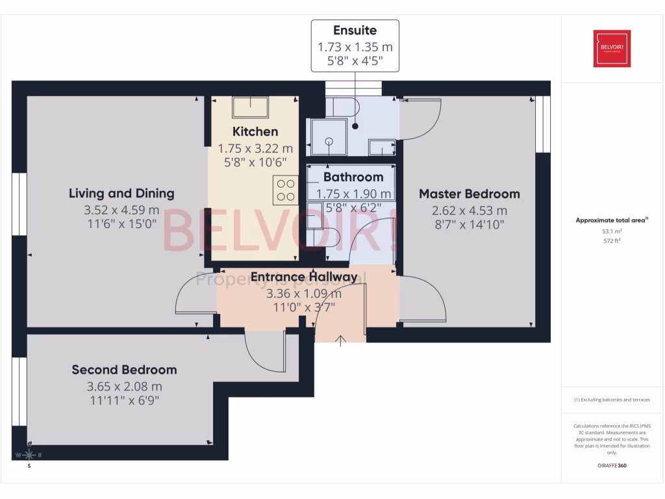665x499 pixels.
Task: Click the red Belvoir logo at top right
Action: pos(612,48)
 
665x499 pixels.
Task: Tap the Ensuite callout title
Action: pos(355,31)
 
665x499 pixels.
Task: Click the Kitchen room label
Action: pos(255,132)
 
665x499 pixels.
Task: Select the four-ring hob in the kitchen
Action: pos(285,190)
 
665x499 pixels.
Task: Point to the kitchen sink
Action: pos(251,106)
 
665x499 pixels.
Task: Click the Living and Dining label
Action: pos(121,193)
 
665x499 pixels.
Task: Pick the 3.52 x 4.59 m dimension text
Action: pos(121,210)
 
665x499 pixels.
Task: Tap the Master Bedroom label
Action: pos(469,194)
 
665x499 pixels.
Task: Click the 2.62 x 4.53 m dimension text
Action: pos(469,211)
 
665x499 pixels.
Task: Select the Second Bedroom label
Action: pos(124,370)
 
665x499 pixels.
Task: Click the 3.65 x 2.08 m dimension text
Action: pos(124,387)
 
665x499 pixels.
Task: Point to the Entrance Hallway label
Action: pos(304,277)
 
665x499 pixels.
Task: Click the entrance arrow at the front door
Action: pos(341,340)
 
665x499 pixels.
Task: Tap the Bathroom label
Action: pos(353,177)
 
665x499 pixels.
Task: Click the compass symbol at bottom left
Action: pos(29,455)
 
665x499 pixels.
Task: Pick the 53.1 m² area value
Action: pos(611,231)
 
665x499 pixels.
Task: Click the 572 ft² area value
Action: pos(611,240)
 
